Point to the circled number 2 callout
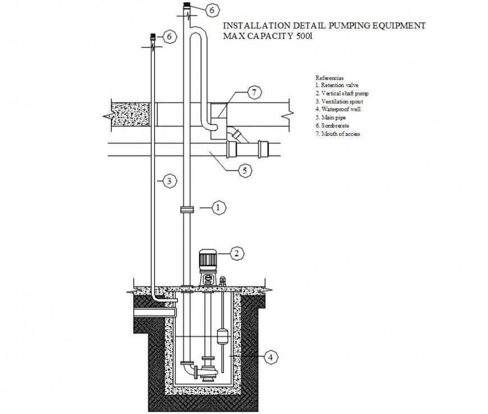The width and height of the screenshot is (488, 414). (237, 253)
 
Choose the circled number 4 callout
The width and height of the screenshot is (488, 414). (270, 356)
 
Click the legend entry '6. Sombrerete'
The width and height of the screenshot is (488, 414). (333, 126)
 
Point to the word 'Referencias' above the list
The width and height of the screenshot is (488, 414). (329, 77)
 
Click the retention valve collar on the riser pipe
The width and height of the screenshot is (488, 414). (187, 209)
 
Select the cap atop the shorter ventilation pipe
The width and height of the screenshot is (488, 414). (152, 38)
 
